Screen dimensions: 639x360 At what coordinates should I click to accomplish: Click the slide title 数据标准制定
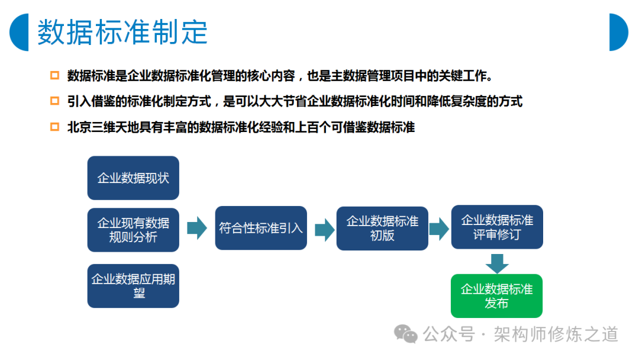click(122, 32)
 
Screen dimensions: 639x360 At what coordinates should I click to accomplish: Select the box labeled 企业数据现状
click(133, 178)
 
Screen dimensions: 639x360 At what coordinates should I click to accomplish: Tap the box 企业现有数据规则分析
click(133, 230)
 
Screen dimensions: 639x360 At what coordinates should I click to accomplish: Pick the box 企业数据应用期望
click(133, 286)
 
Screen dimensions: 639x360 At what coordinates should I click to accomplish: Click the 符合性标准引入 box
click(261, 228)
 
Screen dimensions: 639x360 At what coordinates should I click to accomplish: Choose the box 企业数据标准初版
click(382, 229)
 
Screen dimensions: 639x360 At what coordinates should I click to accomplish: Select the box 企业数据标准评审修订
click(497, 227)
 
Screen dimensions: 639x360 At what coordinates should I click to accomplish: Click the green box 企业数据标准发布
click(496, 296)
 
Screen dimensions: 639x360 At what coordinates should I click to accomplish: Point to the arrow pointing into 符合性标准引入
click(197, 228)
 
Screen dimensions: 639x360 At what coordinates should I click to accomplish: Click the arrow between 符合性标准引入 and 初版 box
click(325, 230)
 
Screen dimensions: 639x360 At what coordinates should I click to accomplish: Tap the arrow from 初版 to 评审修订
click(439, 229)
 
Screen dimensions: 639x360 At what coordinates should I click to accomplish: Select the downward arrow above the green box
click(497, 263)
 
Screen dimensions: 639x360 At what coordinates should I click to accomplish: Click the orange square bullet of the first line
click(54, 75)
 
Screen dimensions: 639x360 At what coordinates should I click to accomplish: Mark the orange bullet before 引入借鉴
click(54, 101)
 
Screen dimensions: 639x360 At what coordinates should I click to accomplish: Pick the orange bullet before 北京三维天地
click(54, 127)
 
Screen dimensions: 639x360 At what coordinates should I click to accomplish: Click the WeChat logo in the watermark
click(405, 334)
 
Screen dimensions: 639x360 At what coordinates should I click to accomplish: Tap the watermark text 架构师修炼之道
click(556, 335)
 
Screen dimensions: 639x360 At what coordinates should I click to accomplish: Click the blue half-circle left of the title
click(19, 32)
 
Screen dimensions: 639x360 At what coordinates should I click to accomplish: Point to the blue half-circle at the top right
click(619, 32)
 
